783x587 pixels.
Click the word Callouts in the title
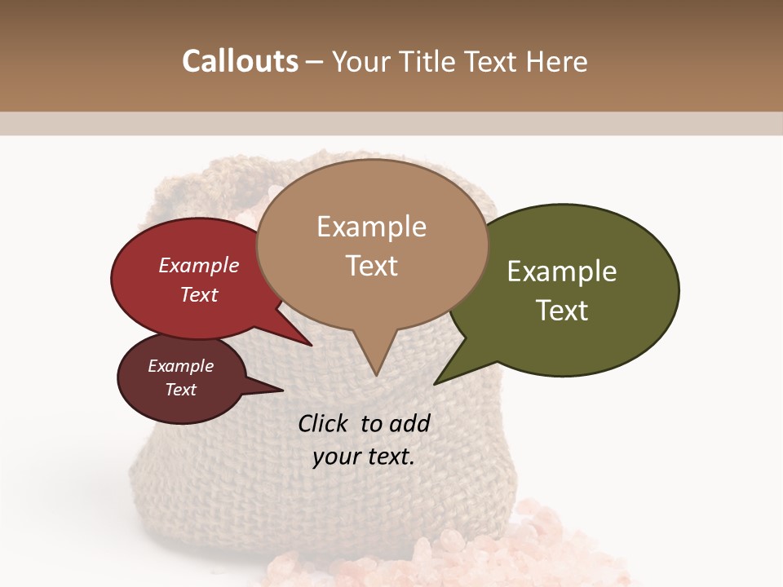click(240, 61)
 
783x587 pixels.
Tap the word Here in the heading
click(558, 61)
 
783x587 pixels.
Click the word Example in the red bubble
click(199, 265)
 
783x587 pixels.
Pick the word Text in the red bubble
click(199, 294)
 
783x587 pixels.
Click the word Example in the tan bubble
click(371, 227)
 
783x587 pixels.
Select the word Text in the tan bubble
click(371, 266)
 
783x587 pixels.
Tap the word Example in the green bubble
click(562, 271)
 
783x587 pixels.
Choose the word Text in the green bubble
click(562, 311)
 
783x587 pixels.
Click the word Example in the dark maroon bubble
click(180, 366)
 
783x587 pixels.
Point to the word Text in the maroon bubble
click(180, 390)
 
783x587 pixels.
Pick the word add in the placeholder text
click(409, 423)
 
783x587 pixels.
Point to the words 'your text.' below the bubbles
click(364, 457)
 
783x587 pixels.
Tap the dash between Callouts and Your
click(316, 62)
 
